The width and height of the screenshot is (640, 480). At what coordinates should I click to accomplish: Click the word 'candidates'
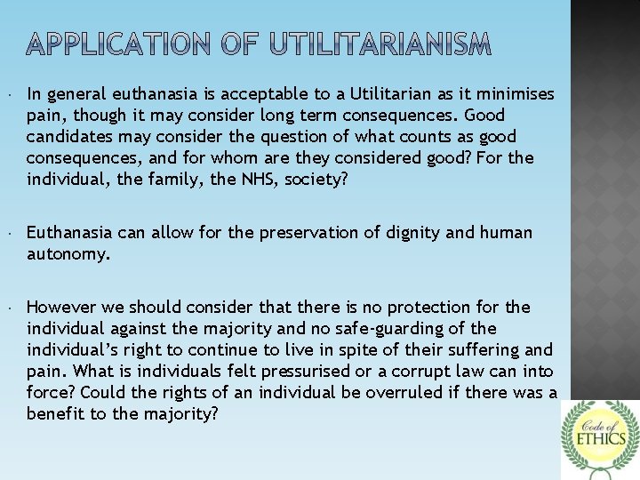click(x=65, y=137)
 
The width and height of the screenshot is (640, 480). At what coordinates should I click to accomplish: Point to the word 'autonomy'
click(x=68, y=254)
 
